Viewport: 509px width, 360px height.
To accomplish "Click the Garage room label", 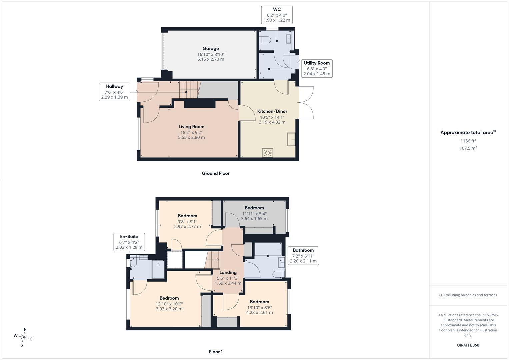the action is tap(211, 48).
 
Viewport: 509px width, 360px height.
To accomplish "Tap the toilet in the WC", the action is tap(265, 40).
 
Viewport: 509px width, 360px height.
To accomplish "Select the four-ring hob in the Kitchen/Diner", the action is tap(267, 153).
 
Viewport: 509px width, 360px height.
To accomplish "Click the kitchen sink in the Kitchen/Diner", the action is tap(291, 139).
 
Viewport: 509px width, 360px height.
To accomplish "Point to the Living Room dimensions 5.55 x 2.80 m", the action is tap(191, 137).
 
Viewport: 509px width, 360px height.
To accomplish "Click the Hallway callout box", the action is tap(115, 92).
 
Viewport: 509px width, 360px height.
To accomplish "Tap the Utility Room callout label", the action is tap(317, 63).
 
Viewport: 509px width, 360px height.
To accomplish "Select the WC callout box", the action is tap(277, 15).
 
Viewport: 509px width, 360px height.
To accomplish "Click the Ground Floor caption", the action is tap(216, 173).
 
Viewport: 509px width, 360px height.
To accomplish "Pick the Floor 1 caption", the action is tap(216, 352).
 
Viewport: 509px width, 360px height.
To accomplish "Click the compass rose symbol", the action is tap(23, 337).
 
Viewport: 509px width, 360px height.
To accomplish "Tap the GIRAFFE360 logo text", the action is tap(468, 345).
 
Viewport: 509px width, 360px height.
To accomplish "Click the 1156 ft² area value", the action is tap(468, 141).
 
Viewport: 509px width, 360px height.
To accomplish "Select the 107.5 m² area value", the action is tap(468, 148).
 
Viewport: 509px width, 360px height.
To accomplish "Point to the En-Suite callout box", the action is tap(129, 242).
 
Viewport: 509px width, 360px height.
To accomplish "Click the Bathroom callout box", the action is tap(303, 256).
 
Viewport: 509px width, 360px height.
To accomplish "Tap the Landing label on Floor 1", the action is tap(228, 272).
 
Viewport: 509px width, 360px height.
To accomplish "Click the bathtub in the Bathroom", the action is tap(268, 249).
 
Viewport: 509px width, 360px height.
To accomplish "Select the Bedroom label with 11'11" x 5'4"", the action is tap(254, 208).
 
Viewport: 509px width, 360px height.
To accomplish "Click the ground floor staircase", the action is tap(190, 90).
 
